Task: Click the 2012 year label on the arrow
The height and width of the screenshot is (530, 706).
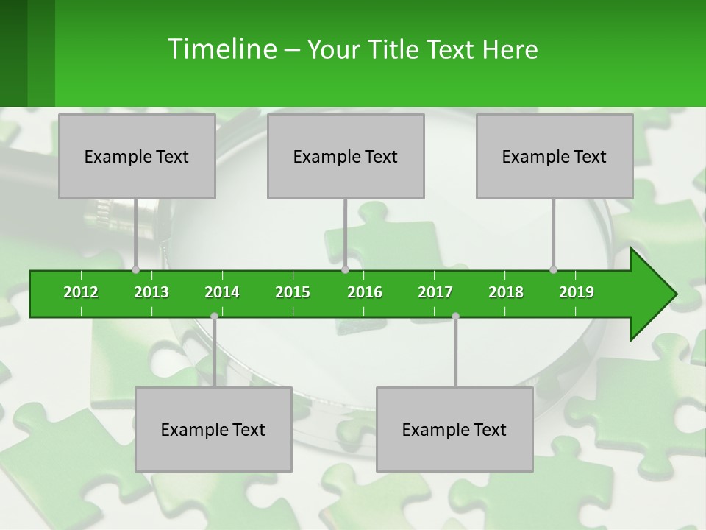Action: click(x=81, y=292)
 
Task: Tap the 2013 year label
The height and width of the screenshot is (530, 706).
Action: click(x=151, y=292)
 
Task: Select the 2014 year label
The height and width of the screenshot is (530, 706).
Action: click(x=222, y=292)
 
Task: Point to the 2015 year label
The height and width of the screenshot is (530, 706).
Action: click(x=293, y=292)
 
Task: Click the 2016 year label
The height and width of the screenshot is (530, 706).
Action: click(x=365, y=292)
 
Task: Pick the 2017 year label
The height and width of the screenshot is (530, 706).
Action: click(x=435, y=292)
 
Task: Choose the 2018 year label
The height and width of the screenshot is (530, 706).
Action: click(x=506, y=292)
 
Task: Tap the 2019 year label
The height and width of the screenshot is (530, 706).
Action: click(x=577, y=292)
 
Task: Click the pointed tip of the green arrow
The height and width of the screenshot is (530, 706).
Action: click(x=672, y=294)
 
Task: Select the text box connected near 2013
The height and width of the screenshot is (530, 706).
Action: click(x=137, y=156)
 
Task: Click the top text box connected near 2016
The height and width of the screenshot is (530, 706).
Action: click(x=346, y=156)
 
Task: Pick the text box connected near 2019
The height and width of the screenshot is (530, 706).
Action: click(x=555, y=156)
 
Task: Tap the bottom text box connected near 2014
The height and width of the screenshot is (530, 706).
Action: click(x=213, y=429)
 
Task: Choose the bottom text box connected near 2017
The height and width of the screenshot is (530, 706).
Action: click(x=454, y=429)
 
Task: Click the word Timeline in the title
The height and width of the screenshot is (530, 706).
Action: click(x=221, y=49)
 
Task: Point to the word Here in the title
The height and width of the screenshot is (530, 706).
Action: click(x=510, y=49)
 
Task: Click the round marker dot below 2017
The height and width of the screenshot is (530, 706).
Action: click(x=455, y=316)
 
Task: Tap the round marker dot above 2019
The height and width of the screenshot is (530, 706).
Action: click(x=553, y=269)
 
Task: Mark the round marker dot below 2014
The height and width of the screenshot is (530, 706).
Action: click(x=214, y=316)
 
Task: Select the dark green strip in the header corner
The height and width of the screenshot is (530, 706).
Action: click(x=13, y=53)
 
